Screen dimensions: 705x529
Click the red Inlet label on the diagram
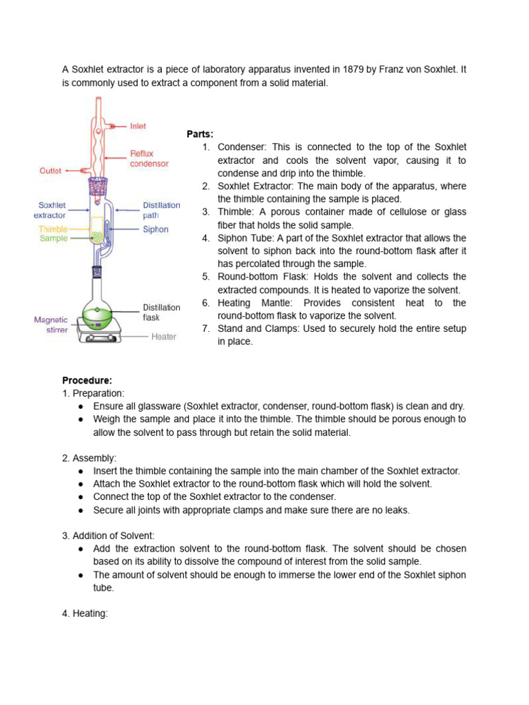[138, 127]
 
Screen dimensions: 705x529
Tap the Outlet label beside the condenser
[50, 171]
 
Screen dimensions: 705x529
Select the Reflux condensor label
[149, 159]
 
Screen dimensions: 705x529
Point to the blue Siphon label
[156, 229]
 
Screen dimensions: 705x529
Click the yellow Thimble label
[53, 229]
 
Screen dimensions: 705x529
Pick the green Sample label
[54, 238]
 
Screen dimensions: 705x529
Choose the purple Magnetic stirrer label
[51, 324]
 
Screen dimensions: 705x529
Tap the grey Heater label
[164, 337]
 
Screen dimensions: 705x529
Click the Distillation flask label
[161, 313]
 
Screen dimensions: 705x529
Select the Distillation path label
[161, 210]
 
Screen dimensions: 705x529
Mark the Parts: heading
[200, 134]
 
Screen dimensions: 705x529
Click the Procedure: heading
[87, 380]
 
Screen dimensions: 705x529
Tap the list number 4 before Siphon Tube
[206, 238]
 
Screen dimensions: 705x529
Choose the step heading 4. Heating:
[85, 613]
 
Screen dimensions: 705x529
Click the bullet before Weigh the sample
[81, 419]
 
